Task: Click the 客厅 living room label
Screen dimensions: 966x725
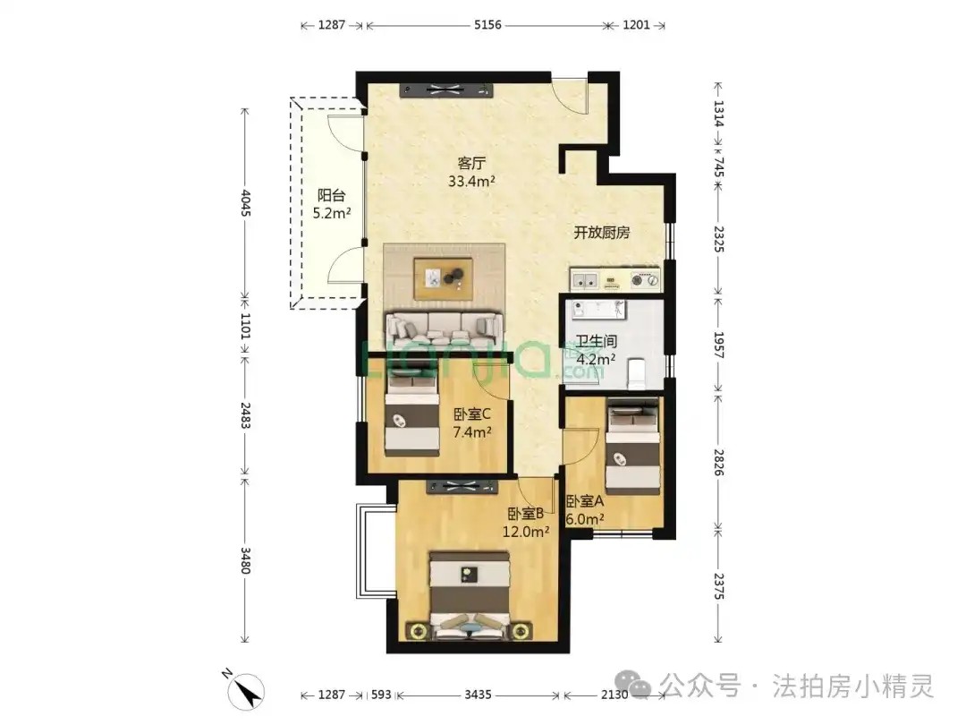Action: point(471,164)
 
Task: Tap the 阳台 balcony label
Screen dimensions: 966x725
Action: point(332,195)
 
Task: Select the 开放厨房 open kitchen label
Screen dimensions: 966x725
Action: point(602,233)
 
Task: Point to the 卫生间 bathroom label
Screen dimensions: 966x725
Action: point(597,341)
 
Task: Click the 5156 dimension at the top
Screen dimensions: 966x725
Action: point(487,25)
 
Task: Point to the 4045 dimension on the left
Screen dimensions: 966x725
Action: point(245,203)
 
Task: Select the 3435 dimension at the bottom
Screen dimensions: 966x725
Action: point(478,695)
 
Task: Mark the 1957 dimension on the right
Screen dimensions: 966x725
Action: point(718,345)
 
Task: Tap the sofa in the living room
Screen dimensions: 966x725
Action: point(443,329)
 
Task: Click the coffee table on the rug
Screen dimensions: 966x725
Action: point(444,278)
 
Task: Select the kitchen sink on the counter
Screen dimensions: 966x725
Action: point(584,280)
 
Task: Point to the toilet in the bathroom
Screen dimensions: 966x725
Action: point(636,374)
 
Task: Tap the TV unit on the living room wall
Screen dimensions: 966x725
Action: point(446,90)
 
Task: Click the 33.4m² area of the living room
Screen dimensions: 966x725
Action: point(472,181)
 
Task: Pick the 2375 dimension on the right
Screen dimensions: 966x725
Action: point(718,586)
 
